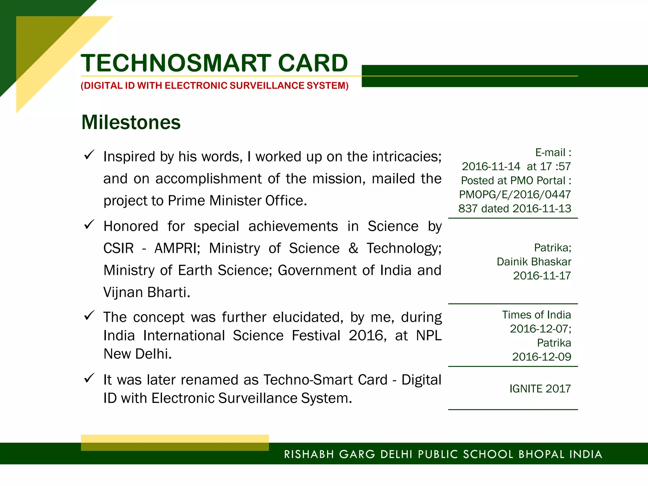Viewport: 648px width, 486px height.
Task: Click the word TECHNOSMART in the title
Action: tap(176, 63)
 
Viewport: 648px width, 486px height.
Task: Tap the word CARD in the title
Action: tap(313, 63)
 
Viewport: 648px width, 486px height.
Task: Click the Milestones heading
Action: tap(131, 122)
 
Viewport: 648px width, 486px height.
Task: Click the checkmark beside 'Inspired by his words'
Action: tap(89, 155)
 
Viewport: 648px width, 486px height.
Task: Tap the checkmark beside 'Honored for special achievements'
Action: tap(89, 225)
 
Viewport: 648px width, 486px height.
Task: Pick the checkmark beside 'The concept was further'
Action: tap(89, 315)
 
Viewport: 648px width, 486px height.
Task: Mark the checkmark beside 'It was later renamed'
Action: tap(89, 378)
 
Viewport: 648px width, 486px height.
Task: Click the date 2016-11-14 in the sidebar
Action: tap(491, 166)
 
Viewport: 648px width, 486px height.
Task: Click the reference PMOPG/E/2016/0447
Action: tap(515, 194)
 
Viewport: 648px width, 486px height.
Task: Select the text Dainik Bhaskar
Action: tap(534, 262)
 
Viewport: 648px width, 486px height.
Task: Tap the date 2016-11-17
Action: tap(542, 276)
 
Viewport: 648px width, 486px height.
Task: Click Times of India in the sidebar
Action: tap(536, 315)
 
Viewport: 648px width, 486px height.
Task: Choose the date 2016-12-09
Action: tap(541, 357)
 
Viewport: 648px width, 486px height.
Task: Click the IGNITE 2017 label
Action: tap(540, 389)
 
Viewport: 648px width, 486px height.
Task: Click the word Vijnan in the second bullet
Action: tap(123, 292)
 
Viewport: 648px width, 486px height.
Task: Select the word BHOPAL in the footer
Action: tap(541, 454)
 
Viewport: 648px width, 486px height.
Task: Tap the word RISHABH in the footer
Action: tap(309, 454)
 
